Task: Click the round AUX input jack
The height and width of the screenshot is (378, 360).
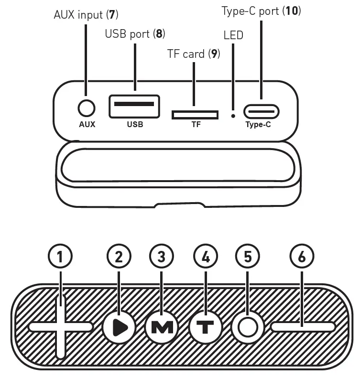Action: [x=87, y=108]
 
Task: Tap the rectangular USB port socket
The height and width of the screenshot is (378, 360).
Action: [x=134, y=106]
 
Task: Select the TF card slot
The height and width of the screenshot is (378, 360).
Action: [x=195, y=115]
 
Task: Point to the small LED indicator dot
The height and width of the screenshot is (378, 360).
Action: [x=233, y=115]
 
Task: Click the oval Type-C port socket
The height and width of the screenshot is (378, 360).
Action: [x=261, y=112]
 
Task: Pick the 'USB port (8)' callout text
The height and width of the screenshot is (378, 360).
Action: [x=135, y=34]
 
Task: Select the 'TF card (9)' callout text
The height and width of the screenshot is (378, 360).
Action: [x=193, y=54]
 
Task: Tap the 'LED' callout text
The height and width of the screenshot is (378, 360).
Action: [x=233, y=35]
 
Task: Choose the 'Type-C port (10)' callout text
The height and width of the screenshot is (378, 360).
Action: [x=261, y=11]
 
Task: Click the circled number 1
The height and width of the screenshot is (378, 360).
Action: [x=61, y=257]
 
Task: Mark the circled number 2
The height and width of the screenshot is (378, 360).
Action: [x=119, y=257]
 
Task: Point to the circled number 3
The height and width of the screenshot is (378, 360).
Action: [x=162, y=257]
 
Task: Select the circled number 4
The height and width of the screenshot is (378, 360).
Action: [x=206, y=257]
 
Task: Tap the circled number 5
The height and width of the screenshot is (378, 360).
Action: [x=248, y=257]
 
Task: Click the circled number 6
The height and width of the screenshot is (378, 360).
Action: [x=302, y=257]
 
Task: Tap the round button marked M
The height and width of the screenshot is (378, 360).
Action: [x=162, y=327]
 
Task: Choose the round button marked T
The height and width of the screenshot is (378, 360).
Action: [x=206, y=327]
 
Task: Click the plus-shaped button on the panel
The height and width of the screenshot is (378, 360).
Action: [x=61, y=327]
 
